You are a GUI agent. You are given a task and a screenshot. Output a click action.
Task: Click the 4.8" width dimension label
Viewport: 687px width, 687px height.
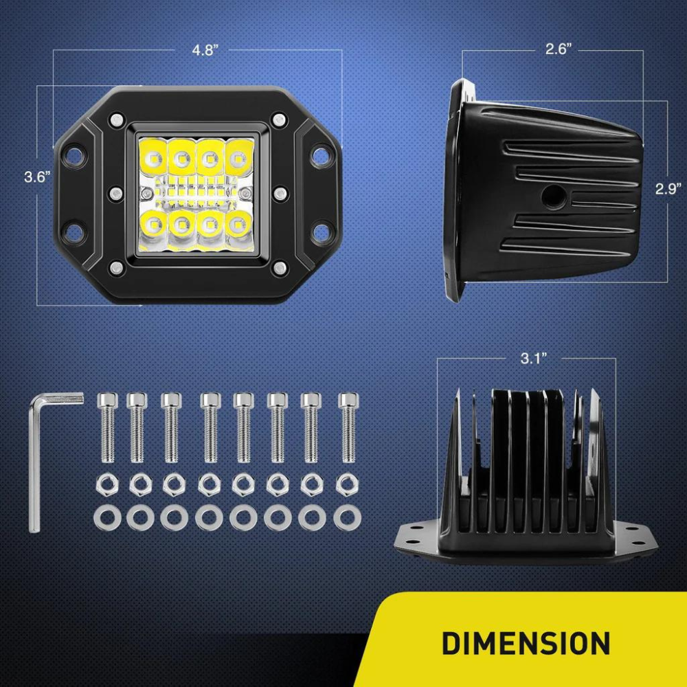coord(205,50)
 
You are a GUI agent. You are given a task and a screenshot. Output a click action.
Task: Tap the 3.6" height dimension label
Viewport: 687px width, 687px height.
coord(38,177)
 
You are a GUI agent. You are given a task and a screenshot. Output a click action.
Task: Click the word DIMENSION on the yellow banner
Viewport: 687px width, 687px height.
coord(526,643)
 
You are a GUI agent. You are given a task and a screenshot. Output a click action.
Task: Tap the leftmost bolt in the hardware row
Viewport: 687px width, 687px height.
coord(108,426)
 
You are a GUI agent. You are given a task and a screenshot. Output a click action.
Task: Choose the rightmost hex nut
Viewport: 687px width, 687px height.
coord(345,484)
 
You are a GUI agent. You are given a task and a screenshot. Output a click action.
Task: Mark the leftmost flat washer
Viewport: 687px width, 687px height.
coord(107,517)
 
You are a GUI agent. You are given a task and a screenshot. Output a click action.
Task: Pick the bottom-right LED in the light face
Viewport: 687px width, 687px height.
coord(236,223)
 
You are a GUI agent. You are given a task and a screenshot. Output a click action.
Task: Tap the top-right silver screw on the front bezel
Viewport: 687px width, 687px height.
coord(278,120)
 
